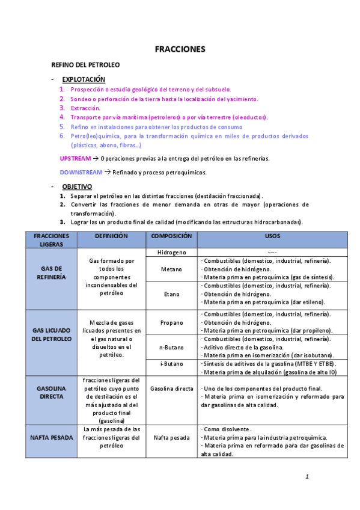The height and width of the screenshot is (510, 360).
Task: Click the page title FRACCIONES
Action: (180, 49)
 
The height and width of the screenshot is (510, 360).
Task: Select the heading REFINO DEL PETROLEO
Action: (85, 64)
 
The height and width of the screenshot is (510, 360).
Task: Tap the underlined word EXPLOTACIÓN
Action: (84, 79)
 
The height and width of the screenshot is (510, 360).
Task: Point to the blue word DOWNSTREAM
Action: (81, 173)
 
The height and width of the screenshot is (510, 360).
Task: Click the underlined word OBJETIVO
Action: (77, 186)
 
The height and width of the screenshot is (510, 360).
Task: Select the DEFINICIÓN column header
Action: (111, 236)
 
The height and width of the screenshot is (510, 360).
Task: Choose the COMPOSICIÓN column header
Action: (171, 236)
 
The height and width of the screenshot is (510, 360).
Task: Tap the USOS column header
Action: (272, 236)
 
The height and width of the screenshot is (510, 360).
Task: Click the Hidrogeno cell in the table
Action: (171, 253)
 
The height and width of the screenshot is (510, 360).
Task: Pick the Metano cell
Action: (171, 269)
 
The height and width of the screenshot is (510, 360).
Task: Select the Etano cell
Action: (171, 295)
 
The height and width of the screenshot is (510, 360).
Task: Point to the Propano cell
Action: (171, 323)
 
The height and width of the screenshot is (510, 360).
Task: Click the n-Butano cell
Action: (171, 348)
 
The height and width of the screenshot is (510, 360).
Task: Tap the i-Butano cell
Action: (171, 364)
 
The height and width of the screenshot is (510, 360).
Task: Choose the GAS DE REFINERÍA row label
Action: (51, 273)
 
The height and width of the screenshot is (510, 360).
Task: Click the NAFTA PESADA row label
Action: (51, 438)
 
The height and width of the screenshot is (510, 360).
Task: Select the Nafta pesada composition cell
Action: (171, 438)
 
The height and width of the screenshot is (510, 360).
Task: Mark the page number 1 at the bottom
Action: (307, 477)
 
